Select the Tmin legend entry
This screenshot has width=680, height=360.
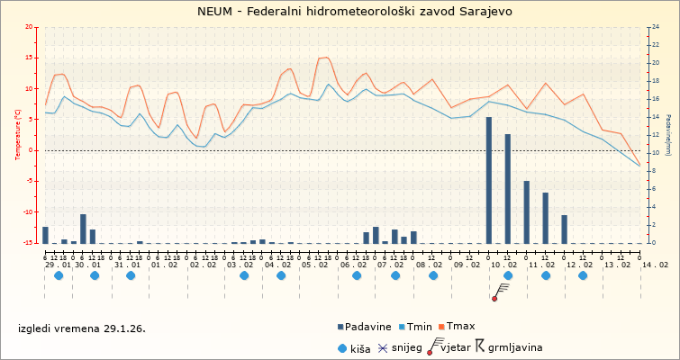(x=420, y=327)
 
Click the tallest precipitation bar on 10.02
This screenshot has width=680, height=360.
(x=489, y=179)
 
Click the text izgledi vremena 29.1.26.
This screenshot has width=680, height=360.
(x=81, y=328)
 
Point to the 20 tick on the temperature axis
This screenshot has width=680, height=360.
(x=31, y=27)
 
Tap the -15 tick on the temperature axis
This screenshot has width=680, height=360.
(x=30, y=243)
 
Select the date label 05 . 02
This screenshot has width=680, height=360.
(x=314, y=265)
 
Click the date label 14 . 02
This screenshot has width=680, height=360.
(x=656, y=265)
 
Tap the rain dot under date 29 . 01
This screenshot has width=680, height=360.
(x=59, y=275)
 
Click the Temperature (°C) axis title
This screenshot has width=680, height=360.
(x=18, y=134)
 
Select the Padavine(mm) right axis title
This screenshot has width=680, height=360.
(x=668, y=135)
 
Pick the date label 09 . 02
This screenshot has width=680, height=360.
(x=466, y=265)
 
